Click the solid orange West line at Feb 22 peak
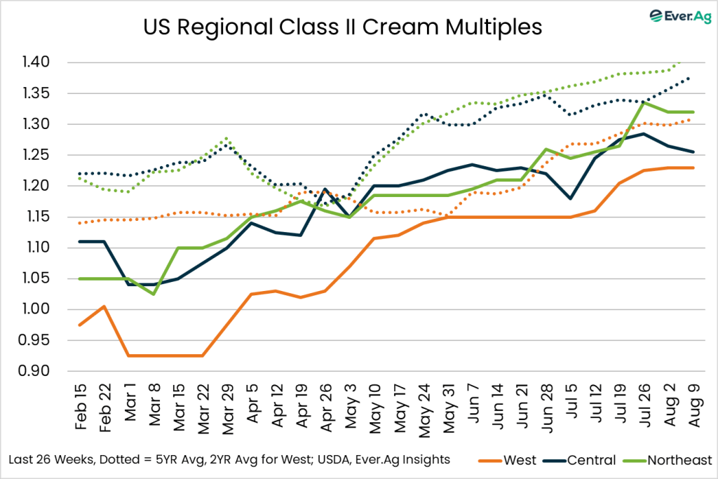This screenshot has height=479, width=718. [x=104, y=306]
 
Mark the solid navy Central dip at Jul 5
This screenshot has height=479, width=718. [x=571, y=198]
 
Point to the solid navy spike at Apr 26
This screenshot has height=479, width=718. [x=325, y=189]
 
